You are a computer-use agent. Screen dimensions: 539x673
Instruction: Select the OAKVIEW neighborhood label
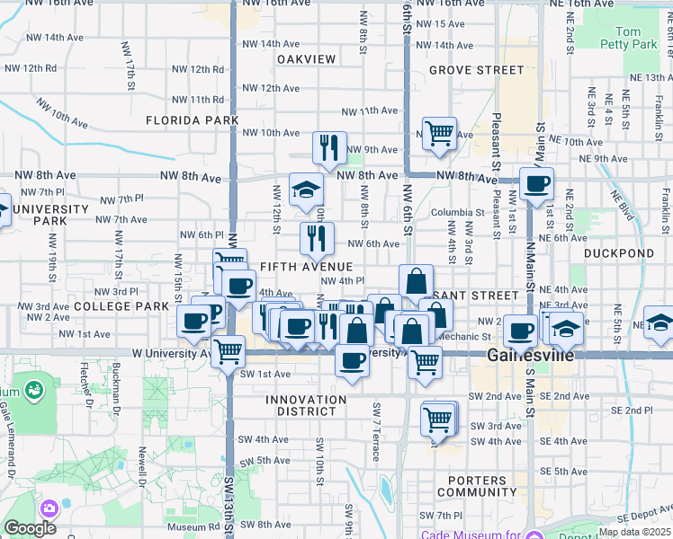click(x=306, y=59)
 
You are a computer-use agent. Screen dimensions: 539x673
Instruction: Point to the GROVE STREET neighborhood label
click(x=476, y=70)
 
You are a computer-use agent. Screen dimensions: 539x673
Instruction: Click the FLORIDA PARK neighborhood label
click(x=194, y=120)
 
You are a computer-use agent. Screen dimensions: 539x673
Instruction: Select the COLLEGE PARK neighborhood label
click(x=121, y=306)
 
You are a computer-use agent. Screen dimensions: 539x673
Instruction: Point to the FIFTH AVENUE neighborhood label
click(x=301, y=268)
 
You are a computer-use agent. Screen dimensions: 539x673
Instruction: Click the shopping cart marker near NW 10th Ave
click(x=439, y=133)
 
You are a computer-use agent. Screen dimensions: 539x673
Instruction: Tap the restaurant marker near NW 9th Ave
click(x=329, y=146)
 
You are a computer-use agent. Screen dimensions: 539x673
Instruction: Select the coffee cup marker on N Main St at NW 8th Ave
click(x=536, y=184)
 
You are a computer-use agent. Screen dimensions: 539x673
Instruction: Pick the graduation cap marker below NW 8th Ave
click(x=306, y=189)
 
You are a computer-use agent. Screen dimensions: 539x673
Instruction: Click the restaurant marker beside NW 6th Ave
click(x=317, y=238)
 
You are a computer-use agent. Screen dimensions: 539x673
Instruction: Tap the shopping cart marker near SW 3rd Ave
click(x=438, y=418)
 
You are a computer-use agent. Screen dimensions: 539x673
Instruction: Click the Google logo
click(x=30, y=528)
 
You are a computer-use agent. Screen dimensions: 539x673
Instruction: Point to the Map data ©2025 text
click(x=634, y=532)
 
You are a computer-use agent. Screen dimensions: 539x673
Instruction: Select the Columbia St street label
click(x=451, y=213)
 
